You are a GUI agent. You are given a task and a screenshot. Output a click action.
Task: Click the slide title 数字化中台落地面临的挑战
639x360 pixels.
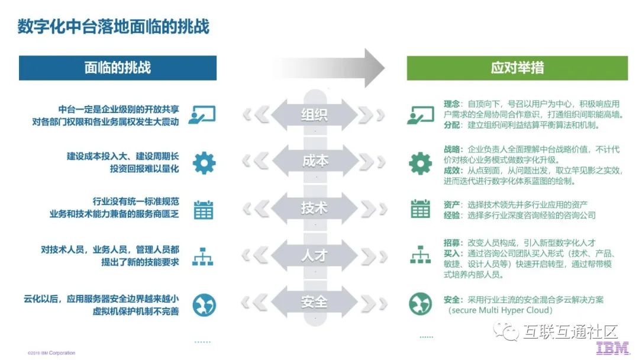113,27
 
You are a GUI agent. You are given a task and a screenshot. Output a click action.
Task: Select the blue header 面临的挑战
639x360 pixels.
117,67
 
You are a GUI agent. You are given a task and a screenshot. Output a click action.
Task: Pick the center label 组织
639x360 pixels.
314,114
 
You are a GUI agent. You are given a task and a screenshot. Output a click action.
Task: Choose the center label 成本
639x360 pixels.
314,161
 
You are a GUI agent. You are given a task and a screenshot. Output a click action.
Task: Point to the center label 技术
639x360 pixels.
314,208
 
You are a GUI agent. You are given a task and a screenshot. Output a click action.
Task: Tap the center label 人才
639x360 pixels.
314,256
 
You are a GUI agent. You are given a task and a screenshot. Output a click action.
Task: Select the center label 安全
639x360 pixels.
314,303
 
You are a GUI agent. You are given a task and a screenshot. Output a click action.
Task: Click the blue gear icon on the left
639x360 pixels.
204,162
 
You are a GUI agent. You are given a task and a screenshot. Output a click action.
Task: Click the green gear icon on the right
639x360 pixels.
421,162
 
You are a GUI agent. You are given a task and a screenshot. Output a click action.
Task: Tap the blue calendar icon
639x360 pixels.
204,209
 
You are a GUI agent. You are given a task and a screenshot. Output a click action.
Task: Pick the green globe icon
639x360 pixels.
421,304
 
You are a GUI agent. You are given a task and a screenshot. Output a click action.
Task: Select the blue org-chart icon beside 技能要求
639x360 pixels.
204,256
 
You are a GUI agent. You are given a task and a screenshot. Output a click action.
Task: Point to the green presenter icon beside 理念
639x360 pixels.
421,114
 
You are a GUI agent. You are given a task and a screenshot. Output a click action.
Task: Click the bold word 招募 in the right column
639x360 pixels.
452,243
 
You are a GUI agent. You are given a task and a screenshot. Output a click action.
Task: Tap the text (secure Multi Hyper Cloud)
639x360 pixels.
500,310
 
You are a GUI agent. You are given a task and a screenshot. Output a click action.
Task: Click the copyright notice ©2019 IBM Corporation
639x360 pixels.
51,353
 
